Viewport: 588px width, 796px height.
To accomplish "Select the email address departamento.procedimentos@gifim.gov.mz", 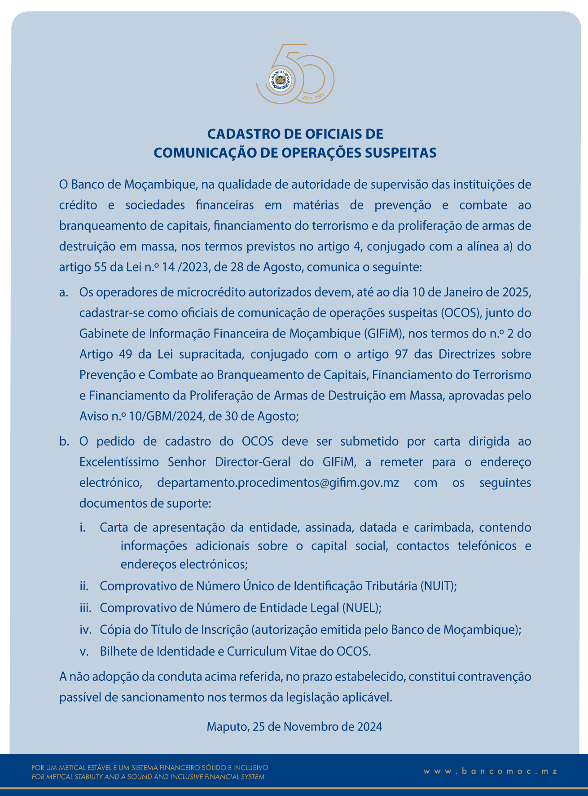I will pyautogui.click(x=278, y=483).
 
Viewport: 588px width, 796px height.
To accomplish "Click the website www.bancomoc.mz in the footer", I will pyautogui.click(x=491, y=771).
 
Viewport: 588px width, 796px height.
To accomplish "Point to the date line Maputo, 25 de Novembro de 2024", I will pyautogui.click(x=294, y=726).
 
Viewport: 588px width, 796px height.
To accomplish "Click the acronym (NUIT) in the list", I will pyautogui.click(x=438, y=586).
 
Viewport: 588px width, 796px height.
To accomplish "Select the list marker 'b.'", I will pyautogui.click(x=64, y=441).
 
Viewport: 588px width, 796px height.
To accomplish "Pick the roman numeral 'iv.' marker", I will pyautogui.click(x=85, y=629).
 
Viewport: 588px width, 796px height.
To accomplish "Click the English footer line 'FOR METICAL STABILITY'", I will pyautogui.click(x=148, y=777).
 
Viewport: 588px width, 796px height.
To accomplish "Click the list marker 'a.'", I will pyautogui.click(x=64, y=292).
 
